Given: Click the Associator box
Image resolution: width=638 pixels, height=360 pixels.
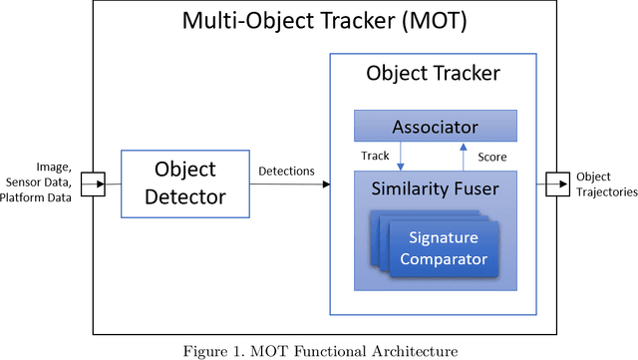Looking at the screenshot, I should [435, 127].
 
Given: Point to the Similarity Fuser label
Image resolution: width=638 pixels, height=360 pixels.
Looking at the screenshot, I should [435, 186].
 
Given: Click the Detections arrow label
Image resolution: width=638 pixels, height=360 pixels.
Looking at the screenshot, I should [286, 172].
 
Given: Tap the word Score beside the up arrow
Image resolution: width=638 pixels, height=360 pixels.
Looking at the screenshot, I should [490, 157].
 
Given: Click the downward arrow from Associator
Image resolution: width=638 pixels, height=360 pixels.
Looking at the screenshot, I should [400, 156].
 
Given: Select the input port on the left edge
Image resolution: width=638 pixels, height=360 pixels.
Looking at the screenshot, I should [93, 183].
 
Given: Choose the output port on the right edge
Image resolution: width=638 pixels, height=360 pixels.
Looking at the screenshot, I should [554, 183].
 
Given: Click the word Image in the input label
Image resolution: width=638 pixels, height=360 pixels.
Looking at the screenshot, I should [53, 170].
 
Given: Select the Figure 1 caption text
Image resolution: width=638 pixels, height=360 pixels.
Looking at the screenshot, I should [318, 349].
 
